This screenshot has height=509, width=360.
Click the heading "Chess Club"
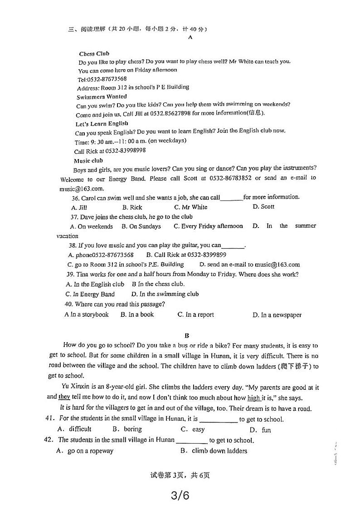tap(94, 53)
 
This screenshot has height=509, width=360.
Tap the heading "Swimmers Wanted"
tap(102, 97)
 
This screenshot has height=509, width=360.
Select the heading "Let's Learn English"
tap(102, 123)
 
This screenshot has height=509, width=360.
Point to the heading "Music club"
tap(88, 160)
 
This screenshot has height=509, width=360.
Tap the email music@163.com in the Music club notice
tap(82, 189)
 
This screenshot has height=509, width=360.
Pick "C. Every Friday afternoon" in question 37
tap(208, 226)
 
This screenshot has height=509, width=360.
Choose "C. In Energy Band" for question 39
tap(90, 294)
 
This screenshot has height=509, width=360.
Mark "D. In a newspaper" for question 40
tap(277, 315)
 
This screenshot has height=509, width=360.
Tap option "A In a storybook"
tap(87, 315)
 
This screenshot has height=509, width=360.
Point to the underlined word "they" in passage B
tap(64, 397)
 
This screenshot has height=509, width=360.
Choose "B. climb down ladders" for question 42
tap(214, 451)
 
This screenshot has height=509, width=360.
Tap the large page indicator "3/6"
tap(180, 495)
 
